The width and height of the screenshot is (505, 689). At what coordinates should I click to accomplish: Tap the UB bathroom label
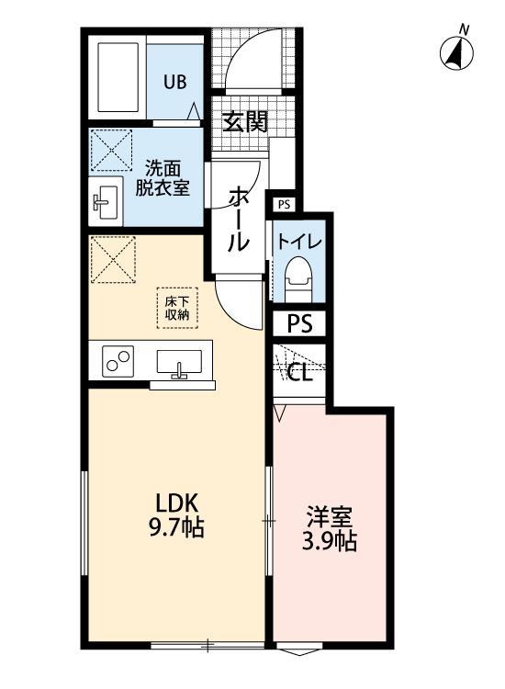[174, 82]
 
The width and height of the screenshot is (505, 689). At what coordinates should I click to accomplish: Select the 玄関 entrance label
[245, 120]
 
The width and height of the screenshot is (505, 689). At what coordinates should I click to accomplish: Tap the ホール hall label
[237, 219]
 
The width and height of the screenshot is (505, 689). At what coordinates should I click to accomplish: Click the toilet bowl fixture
[298, 277]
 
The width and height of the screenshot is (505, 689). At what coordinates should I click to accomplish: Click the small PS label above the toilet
[283, 205]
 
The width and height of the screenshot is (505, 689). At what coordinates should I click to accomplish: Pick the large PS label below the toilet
[299, 324]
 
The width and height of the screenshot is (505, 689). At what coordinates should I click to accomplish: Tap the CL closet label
[299, 373]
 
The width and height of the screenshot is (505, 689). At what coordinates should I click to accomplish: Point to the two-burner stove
[118, 361]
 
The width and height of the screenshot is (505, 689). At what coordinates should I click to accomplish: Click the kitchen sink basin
[179, 362]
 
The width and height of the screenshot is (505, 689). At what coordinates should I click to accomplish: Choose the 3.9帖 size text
[329, 541]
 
